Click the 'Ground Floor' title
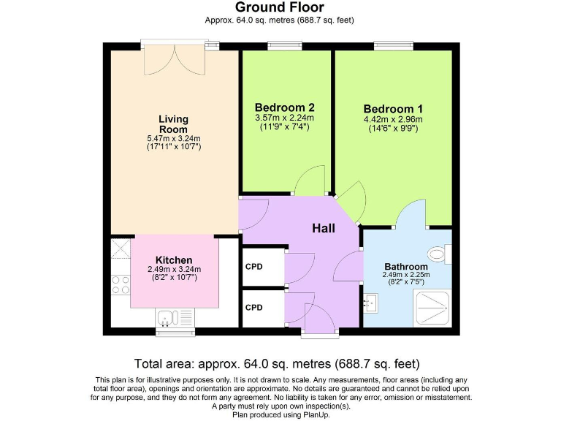coord(280,8)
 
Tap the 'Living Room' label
coord(174,124)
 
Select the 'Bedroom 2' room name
coord(284,107)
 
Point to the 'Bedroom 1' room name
coord(392,107)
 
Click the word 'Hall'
coord(324,228)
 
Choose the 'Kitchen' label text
coord(174,259)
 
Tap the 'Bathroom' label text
coord(405,266)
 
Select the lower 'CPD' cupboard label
coord(253,308)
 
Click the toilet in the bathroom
coord(438,254)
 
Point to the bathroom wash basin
coord(371,301)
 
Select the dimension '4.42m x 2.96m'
coord(392,119)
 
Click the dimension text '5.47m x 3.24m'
coord(174,138)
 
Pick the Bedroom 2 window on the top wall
coord(285,46)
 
